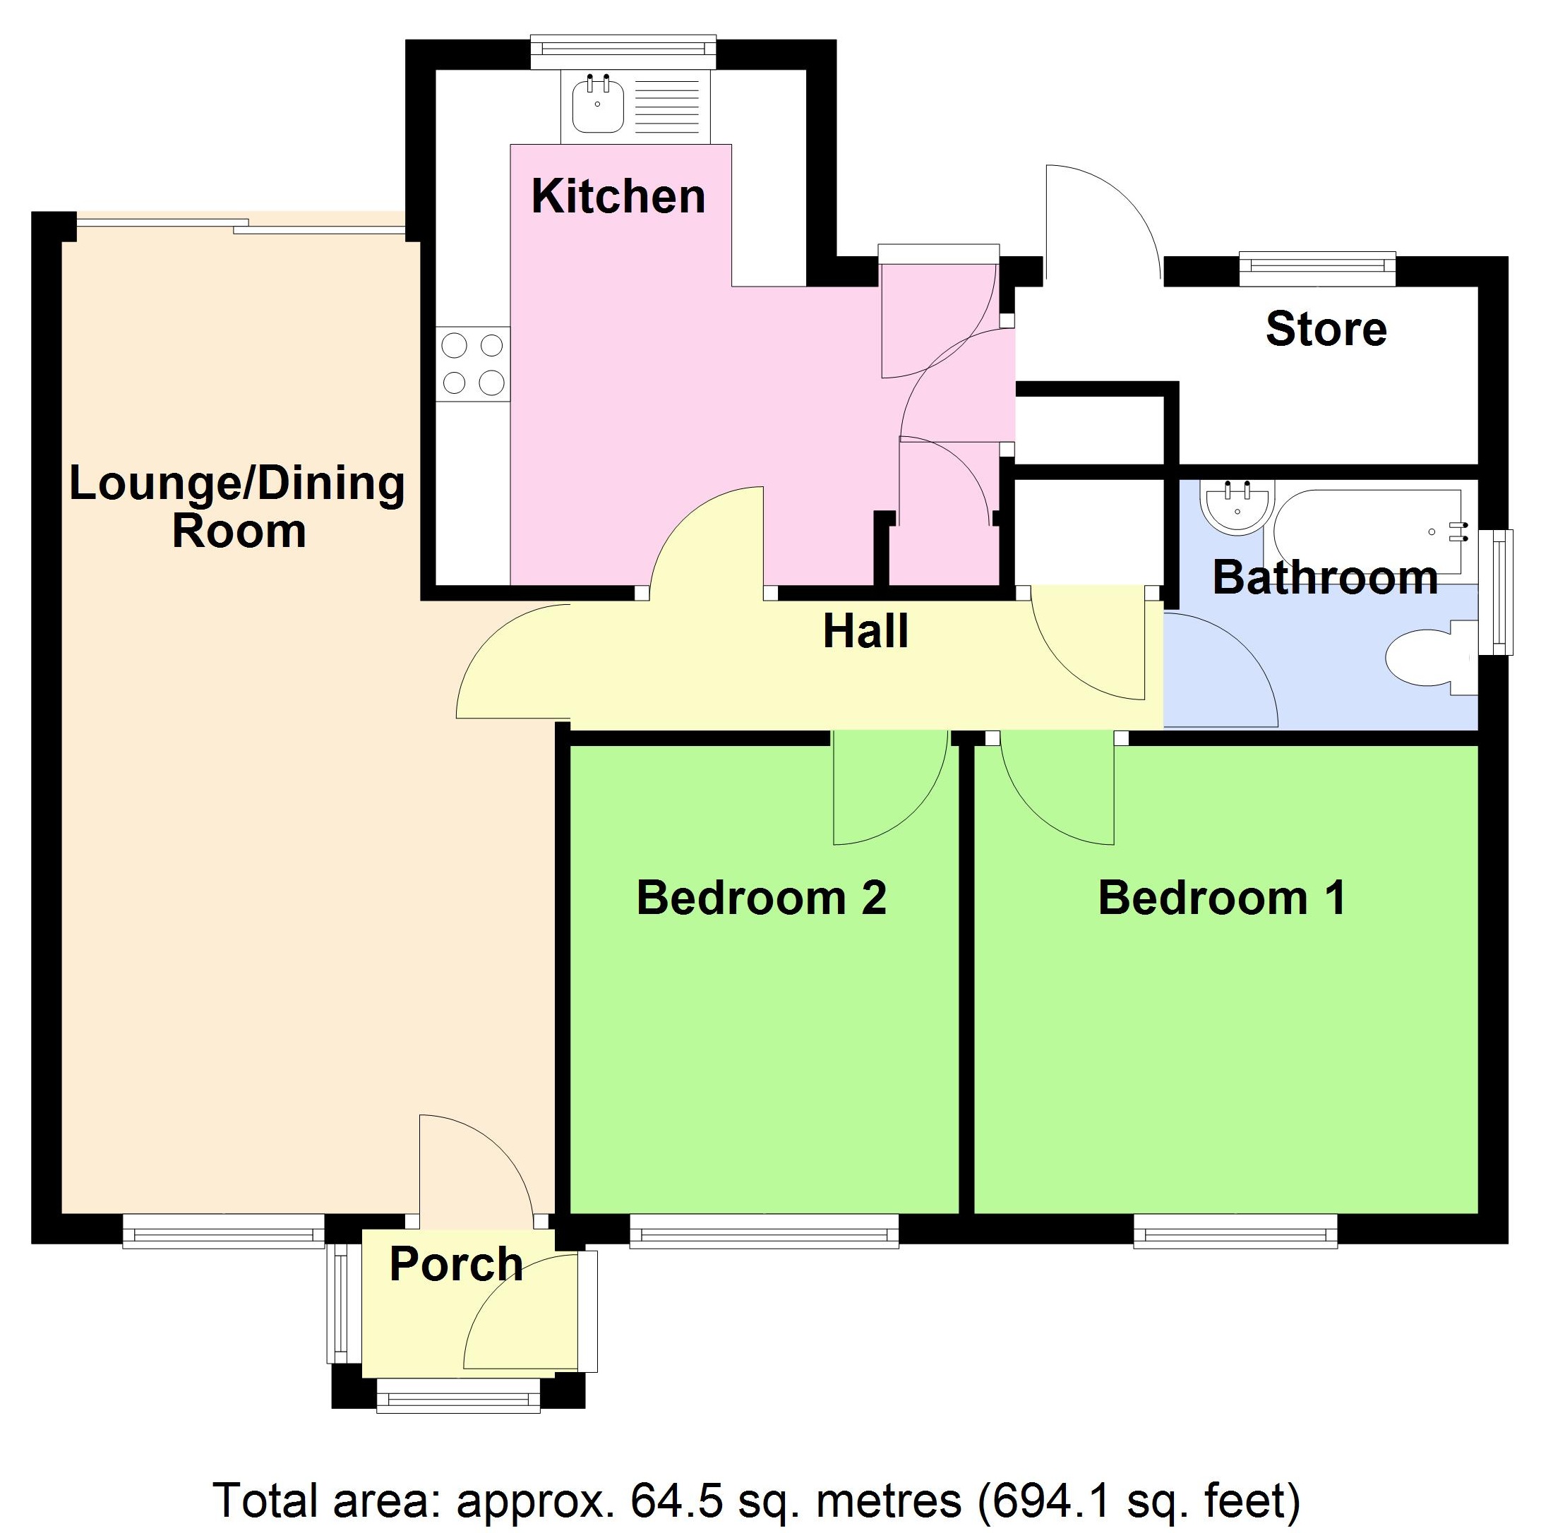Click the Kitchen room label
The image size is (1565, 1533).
click(x=618, y=196)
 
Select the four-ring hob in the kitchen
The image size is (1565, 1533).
click(x=473, y=364)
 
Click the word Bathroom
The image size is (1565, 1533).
click(x=1325, y=578)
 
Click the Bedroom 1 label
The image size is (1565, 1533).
click(x=1221, y=898)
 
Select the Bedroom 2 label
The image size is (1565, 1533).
click(x=761, y=898)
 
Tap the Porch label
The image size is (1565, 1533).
click(x=456, y=1264)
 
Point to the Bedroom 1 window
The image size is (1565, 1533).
click(x=1235, y=1230)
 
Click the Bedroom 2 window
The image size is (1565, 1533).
click(x=764, y=1230)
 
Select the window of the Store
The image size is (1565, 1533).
click(x=1317, y=269)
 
